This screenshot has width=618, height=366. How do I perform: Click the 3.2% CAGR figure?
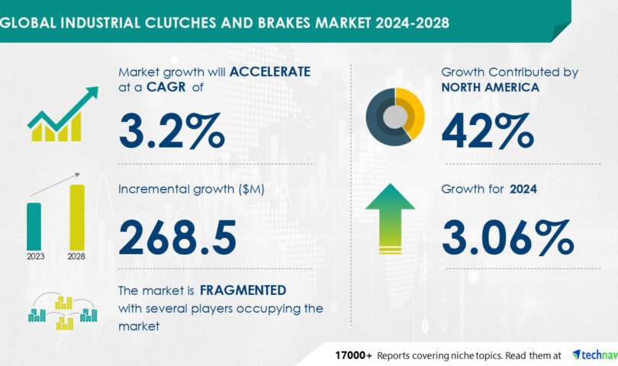pyautogui.click(x=172, y=131)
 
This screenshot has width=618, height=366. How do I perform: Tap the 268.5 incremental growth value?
pyautogui.click(x=177, y=237)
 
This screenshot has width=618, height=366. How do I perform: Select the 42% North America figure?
pyautogui.click(x=488, y=131)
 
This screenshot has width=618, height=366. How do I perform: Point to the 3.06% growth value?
pyautogui.click(x=507, y=237)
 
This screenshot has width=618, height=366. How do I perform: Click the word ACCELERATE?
pyautogui.click(x=270, y=72)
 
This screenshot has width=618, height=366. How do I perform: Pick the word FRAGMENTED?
pyautogui.click(x=243, y=291)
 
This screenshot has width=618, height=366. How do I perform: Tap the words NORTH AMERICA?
pyautogui.click(x=491, y=87)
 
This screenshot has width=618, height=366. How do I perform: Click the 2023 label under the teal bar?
pyautogui.click(x=35, y=256)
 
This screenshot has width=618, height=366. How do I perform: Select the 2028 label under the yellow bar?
pyautogui.click(x=76, y=256)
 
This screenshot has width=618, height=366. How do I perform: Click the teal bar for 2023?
pyautogui.click(x=34, y=226)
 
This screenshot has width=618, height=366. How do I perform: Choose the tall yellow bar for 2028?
pyautogui.click(x=77, y=217)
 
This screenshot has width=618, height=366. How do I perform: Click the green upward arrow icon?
pyautogui.click(x=390, y=219)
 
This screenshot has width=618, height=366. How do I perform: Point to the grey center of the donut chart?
pyautogui.click(x=395, y=117)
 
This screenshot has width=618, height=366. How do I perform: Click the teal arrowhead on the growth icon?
pyautogui.click(x=92, y=92)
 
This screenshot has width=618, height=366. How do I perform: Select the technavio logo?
pyautogui.click(x=595, y=355)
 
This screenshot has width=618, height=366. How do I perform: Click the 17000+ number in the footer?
pyautogui.click(x=353, y=355)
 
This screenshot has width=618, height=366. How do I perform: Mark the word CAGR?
pyautogui.click(x=166, y=87)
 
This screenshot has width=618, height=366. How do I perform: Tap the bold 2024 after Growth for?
pyautogui.click(x=523, y=189)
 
